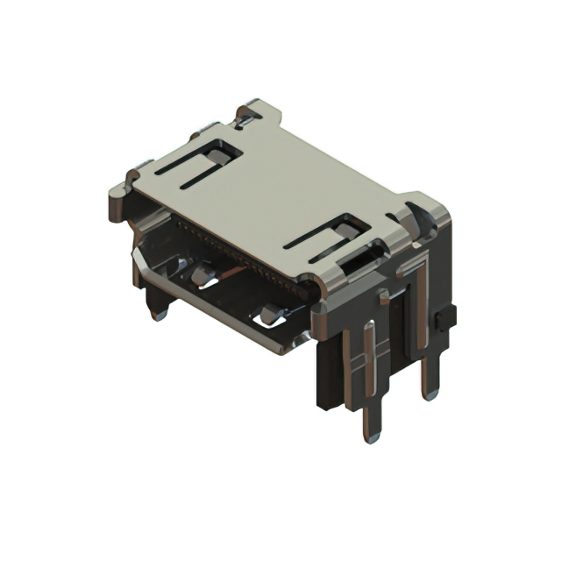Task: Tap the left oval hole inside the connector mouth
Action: coord(203,278)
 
